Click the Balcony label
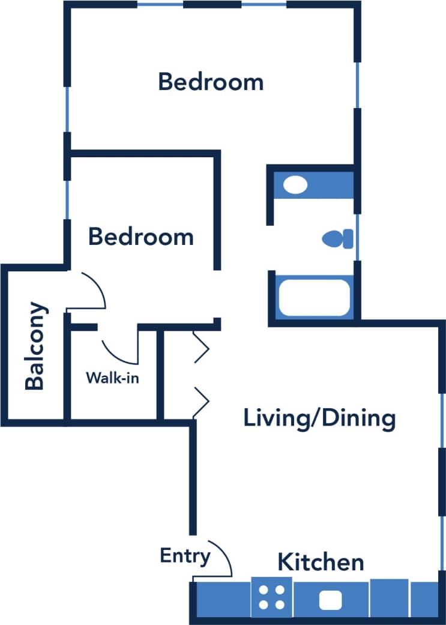[x=35, y=346]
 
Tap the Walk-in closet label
[x=113, y=378]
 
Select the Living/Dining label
[x=319, y=417]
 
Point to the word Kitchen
[x=320, y=563]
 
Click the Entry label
[x=185, y=556]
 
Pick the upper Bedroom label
[x=211, y=82]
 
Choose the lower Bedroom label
[x=141, y=237]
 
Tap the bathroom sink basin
[x=295, y=184]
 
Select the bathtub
[x=314, y=297]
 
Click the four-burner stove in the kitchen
[x=271, y=597]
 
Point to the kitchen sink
[x=330, y=599]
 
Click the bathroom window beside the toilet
[x=358, y=238]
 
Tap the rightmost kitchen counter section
[x=425, y=597]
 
